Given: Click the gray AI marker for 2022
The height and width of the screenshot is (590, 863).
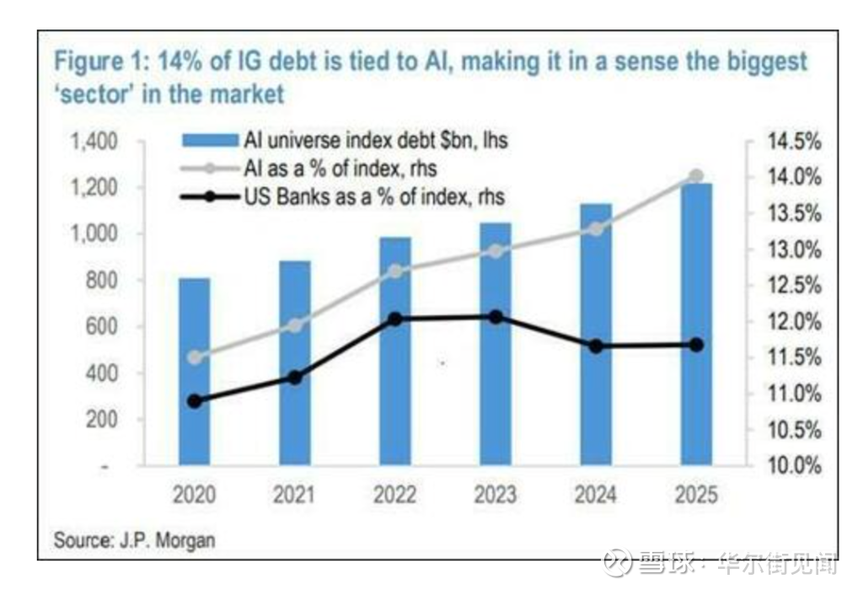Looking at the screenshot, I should [395, 271].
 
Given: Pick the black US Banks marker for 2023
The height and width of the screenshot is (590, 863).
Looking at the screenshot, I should [496, 317].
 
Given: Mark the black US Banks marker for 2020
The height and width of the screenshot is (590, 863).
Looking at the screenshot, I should [196, 401].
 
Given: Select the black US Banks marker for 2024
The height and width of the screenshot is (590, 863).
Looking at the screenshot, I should [596, 346].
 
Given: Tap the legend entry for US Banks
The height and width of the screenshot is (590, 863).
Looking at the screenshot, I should [354, 197].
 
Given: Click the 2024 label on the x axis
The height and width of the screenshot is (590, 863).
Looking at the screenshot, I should [596, 494].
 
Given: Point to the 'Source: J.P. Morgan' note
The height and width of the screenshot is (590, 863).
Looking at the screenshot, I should [135, 539].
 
